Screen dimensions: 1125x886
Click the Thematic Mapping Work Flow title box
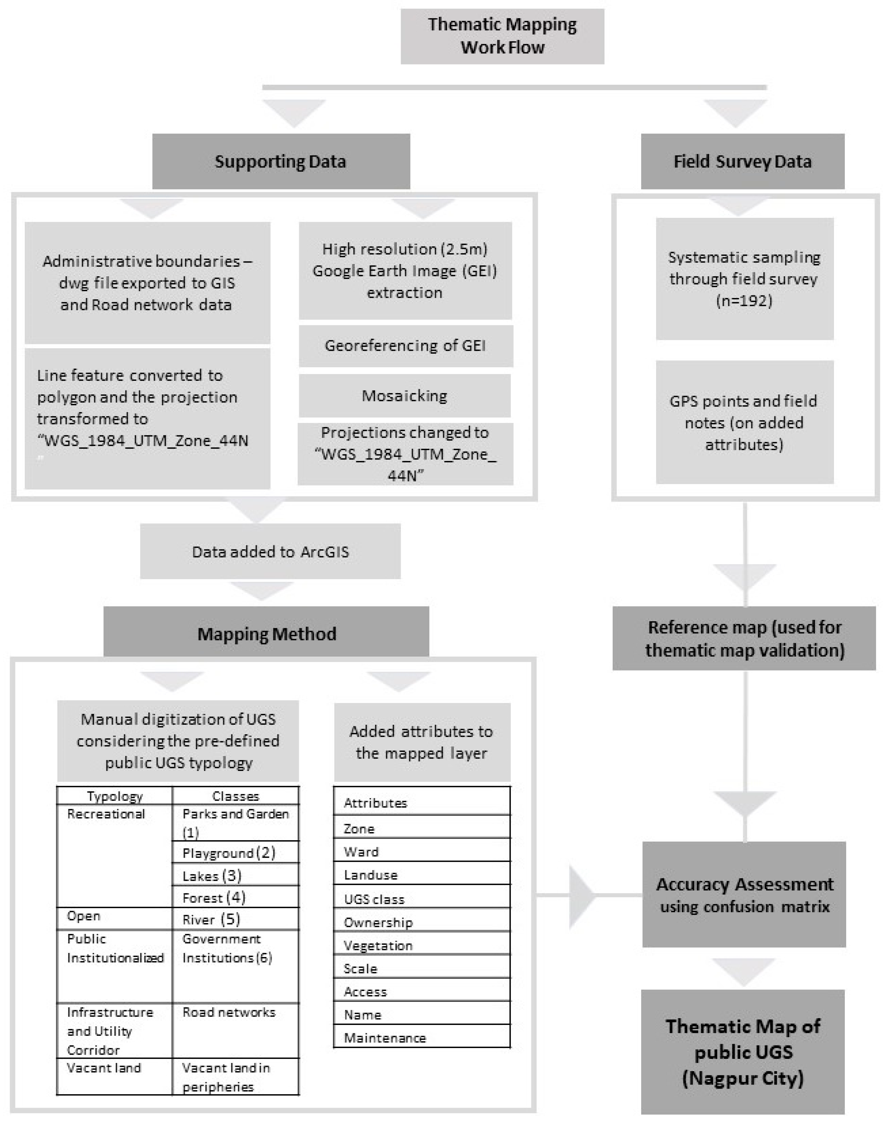(502, 36)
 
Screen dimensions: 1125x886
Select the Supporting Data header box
(281, 161)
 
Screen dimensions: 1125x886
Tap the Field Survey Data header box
(742, 161)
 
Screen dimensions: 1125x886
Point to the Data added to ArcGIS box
(270, 551)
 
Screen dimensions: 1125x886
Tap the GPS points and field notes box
(744, 422)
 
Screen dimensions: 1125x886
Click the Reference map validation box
(744, 639)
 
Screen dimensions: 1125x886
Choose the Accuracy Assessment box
(744, 895)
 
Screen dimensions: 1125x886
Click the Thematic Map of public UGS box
(743, 1052)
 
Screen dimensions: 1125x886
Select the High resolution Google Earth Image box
(405, 271)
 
